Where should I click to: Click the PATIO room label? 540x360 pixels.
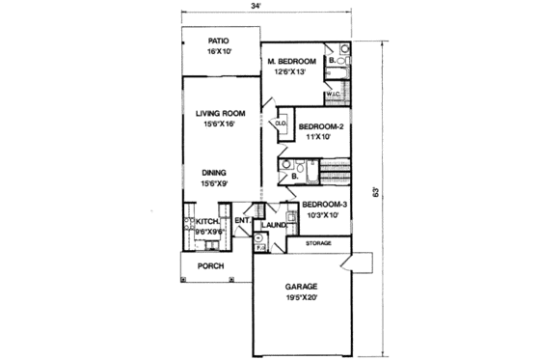(219, 41)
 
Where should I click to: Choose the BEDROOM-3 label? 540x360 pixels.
(324, 205)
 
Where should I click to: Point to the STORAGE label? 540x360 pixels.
(318, 244)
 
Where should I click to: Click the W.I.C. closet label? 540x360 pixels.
(333, 95)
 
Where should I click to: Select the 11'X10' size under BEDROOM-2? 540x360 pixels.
(318, 137)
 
